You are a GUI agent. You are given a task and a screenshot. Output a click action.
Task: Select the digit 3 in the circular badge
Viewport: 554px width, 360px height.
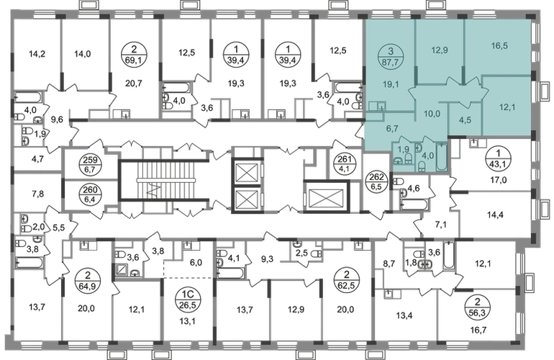pos(391,50)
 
